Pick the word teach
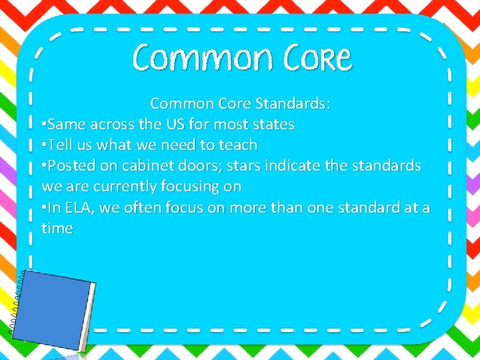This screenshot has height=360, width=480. click(237, 145)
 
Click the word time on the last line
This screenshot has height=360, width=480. click(57, 228)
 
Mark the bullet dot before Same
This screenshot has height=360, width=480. click(44, 125)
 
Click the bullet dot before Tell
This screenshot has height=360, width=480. click(44, 145)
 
